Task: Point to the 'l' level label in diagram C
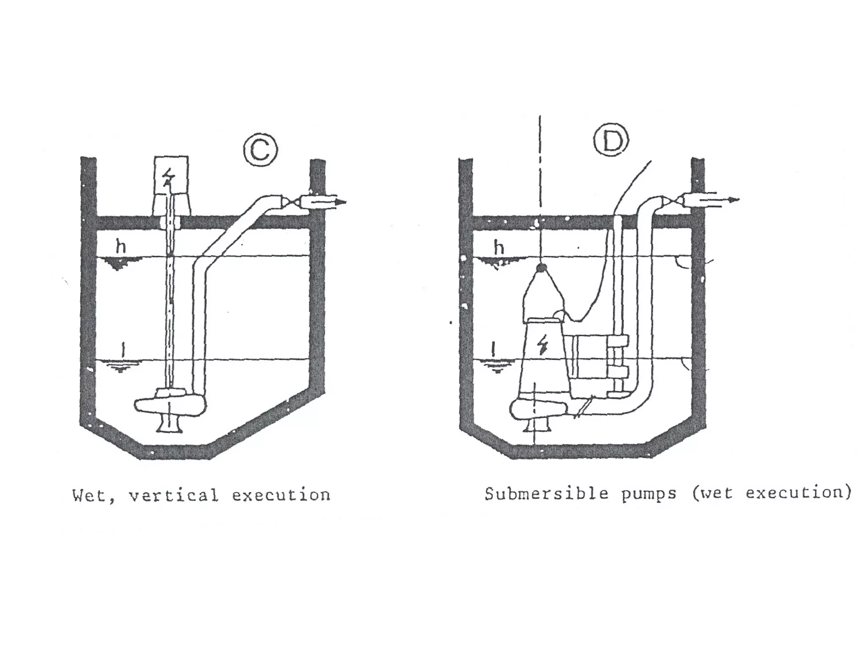pos(123,350)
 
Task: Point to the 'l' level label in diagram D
pos(492,349)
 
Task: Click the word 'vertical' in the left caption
pos(174,495)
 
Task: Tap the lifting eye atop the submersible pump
pos(540,267)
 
